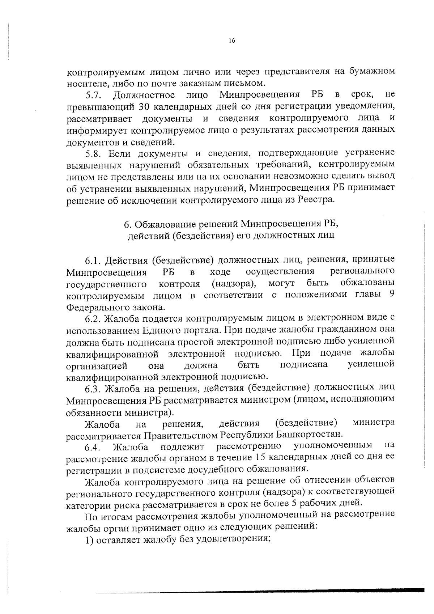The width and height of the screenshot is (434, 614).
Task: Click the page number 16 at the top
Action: [232, 41]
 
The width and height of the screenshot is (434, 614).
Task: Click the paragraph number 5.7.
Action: [95, 96]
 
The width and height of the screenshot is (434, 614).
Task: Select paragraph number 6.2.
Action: [94, 318]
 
